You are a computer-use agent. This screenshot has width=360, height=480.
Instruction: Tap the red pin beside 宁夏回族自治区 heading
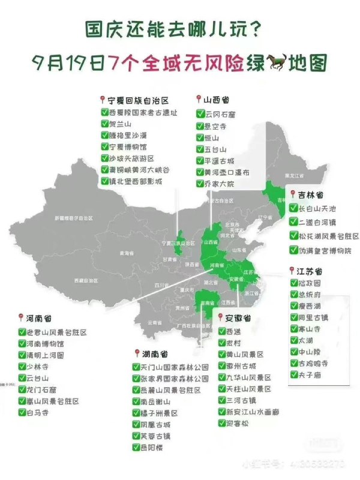point(103,100)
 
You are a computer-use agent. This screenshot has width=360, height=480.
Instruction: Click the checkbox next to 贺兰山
point(104,124)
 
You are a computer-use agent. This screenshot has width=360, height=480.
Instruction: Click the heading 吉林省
point(311,195)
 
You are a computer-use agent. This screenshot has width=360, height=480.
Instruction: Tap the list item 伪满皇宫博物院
point(320,250)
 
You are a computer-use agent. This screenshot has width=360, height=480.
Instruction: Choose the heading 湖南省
point(151,353)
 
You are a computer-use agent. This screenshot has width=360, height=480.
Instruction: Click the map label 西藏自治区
point(86,280)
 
